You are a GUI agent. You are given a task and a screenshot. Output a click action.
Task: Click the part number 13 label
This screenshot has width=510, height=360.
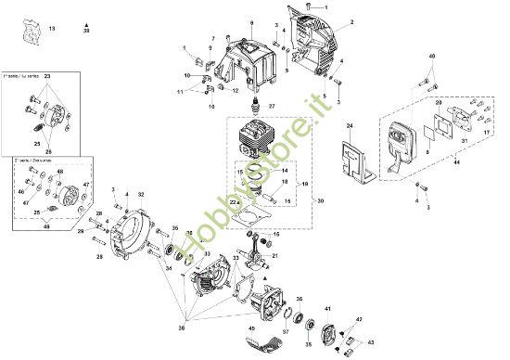(52, 31)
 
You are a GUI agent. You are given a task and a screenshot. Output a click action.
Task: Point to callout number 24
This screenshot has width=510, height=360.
(350, 124)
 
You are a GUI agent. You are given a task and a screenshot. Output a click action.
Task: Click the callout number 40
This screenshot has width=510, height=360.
(430, 57)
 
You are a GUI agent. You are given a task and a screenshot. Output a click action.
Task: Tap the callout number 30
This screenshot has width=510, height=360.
(320, 200)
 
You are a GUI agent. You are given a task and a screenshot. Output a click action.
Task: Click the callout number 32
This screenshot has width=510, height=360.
(140, 194)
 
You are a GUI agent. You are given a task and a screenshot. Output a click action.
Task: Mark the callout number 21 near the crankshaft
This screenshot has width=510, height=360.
(274, 255)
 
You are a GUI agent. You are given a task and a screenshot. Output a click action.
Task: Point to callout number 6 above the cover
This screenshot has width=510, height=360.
(250, 19)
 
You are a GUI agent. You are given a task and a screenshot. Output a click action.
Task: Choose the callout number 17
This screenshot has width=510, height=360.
(484, 134)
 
